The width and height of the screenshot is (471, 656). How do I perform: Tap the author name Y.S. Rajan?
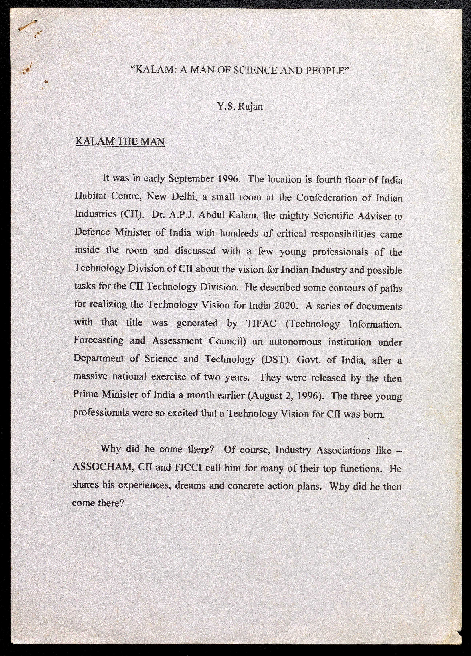(240, 107)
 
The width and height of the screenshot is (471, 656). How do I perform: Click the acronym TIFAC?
(261, 323)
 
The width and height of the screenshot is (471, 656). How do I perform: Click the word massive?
(90, 376)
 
